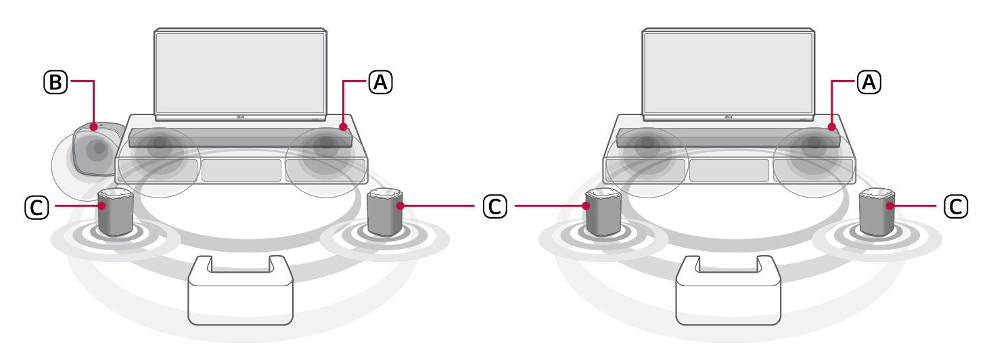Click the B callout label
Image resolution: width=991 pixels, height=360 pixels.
55,82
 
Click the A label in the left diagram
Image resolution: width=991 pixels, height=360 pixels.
380,82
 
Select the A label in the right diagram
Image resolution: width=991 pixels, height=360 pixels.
869,82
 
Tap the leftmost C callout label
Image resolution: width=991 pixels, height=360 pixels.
37,207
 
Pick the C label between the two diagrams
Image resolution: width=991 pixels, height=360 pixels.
494,206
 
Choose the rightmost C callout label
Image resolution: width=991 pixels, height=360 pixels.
956,206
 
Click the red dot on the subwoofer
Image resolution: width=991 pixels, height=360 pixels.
94,127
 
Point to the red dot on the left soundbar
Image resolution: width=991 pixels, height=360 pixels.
344,127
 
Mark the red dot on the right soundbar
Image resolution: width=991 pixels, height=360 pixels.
832,127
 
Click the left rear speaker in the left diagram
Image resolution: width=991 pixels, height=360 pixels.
116,212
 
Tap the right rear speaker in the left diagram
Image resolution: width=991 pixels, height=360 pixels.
385,212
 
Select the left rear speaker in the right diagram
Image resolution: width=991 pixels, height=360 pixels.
603,212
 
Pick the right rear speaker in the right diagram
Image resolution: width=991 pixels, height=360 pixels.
877,212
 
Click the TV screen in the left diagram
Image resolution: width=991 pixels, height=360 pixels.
241,72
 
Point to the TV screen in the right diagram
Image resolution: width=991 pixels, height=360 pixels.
729,72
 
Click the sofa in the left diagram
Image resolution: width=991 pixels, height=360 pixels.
240,290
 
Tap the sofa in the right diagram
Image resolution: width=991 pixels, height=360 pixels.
729,290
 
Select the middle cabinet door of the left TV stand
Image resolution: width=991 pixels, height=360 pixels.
241,171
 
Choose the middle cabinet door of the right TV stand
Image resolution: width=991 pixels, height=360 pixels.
729,171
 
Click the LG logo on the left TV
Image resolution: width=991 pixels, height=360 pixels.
241,117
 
